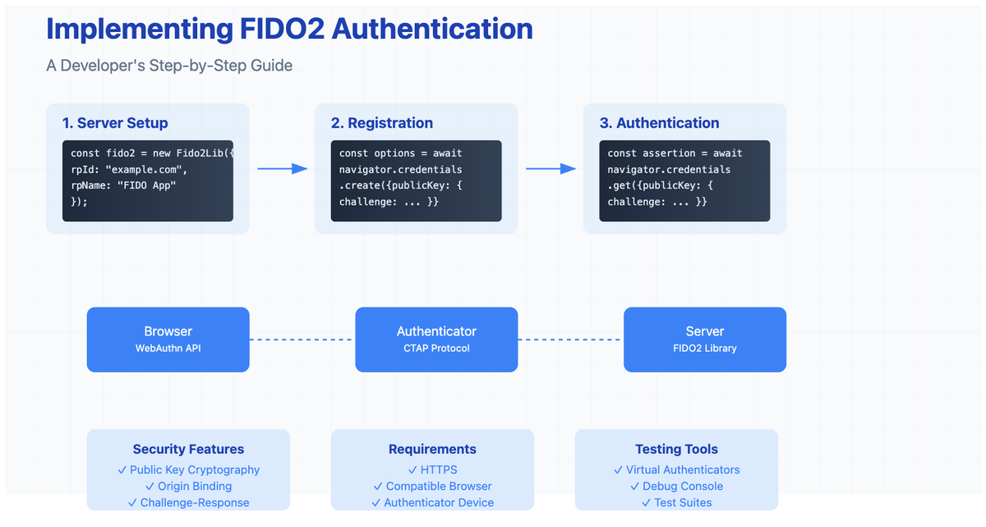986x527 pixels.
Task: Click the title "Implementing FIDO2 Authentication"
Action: pos(289,29)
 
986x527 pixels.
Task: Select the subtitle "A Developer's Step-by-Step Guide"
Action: pos(169,65)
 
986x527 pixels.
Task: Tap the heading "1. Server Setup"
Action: pos(115,123)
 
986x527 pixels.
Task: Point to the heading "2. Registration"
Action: pos(381,123)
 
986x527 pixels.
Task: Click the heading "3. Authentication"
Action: pos(659,123)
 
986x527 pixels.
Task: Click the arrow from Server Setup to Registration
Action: pos(282,169)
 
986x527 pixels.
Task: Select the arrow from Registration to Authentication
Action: pos(551,169)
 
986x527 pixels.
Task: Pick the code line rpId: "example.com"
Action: pos(130,169)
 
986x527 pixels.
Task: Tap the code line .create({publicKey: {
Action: pos(400,185)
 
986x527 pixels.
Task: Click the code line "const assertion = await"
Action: pos(675,153)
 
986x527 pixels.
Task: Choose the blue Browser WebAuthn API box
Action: pos(168,340)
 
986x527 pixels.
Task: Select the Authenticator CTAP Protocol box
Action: pos(436,340)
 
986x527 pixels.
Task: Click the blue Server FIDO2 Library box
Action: pos(704,340)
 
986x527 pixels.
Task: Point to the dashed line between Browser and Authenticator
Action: pos(302,340)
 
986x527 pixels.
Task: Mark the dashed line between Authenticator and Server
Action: pos(570,340)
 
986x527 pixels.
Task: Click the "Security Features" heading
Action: pos(188,450)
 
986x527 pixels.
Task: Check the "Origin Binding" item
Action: pos(195,486)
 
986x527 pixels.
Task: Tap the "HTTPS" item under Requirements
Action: pos(438,469)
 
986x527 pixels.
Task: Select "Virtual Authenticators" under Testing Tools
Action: pos(682,469)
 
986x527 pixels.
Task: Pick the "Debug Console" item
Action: pos(683,486)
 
